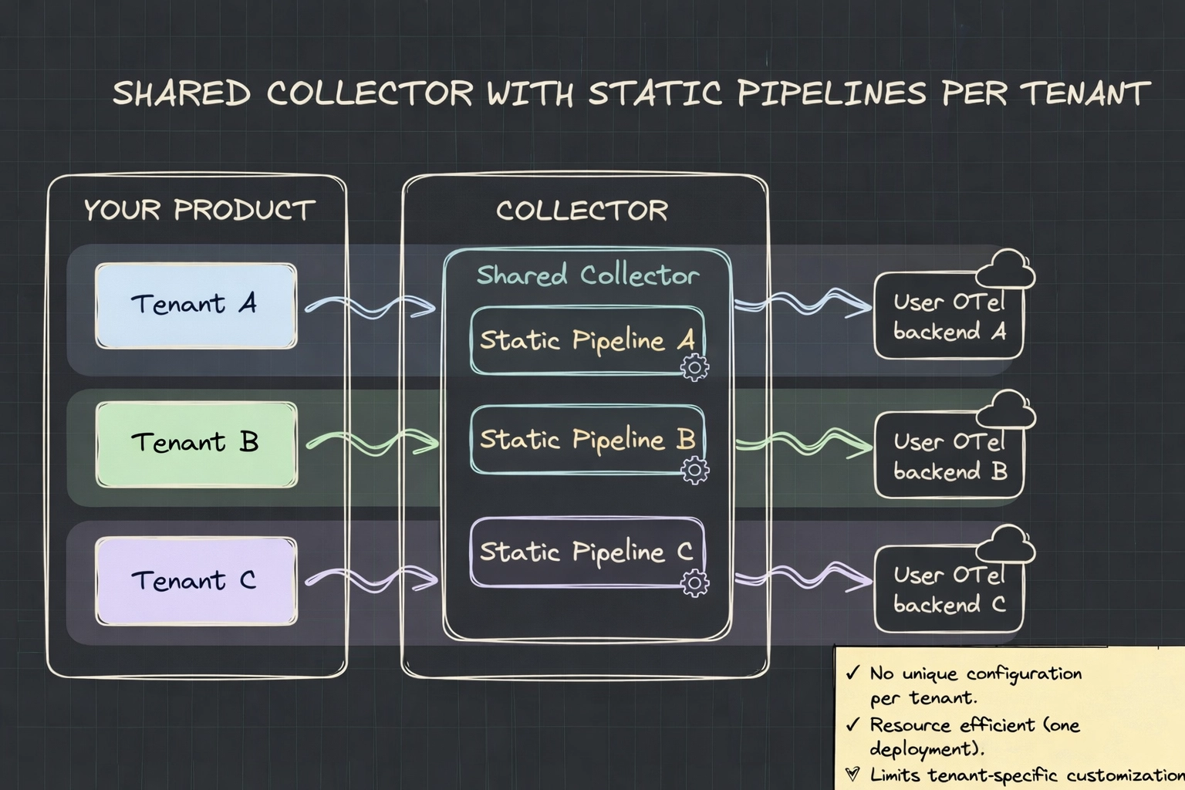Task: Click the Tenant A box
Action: pyautogui.click(x=196, y=306)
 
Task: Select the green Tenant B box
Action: pyautogui.click(x=196, y=444)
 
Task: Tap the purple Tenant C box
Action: pyautogui.click(x=196, y=581)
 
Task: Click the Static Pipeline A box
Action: pyautogui.click(x=586, y=340)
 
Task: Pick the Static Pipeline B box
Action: pyautogui.click(x=586, y=439)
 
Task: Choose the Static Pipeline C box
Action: pyautogui.click(x=586, y=552)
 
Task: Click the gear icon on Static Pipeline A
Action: pyautogui.click(x=695, y=368)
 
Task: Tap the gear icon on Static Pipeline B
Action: pyautogui.click(x=695, y=469)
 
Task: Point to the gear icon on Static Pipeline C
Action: pyautogui.click(x=695, y=582)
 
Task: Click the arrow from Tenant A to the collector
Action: pyautogui.click(x=371, y=306)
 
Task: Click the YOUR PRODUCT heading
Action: pyautogui.click(x=199, y=210)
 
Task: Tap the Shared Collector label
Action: pyautogui.click(x=587, y=275)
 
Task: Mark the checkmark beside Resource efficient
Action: pyautogui.click(x=852, y=724)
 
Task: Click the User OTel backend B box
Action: pyautogui.click(x=949, y=456)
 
